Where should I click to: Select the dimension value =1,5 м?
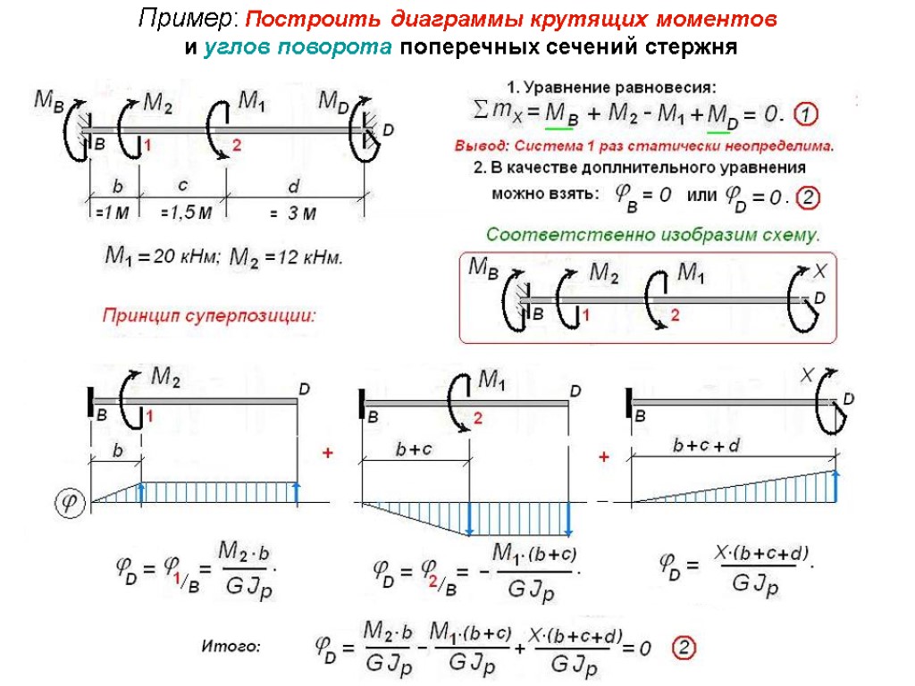click(x=186, y=213)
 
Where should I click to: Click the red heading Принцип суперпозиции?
click(x=210, y=314)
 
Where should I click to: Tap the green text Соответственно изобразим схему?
click(x=652, y=235)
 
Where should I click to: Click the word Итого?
click(x=231, y=645)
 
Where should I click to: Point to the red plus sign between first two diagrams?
click(x=327, y=455)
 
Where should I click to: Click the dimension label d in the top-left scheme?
click(x=293, y=186)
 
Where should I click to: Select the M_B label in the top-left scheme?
click(x=49, y=100)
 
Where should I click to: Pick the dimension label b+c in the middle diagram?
click(x=414, y=450)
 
